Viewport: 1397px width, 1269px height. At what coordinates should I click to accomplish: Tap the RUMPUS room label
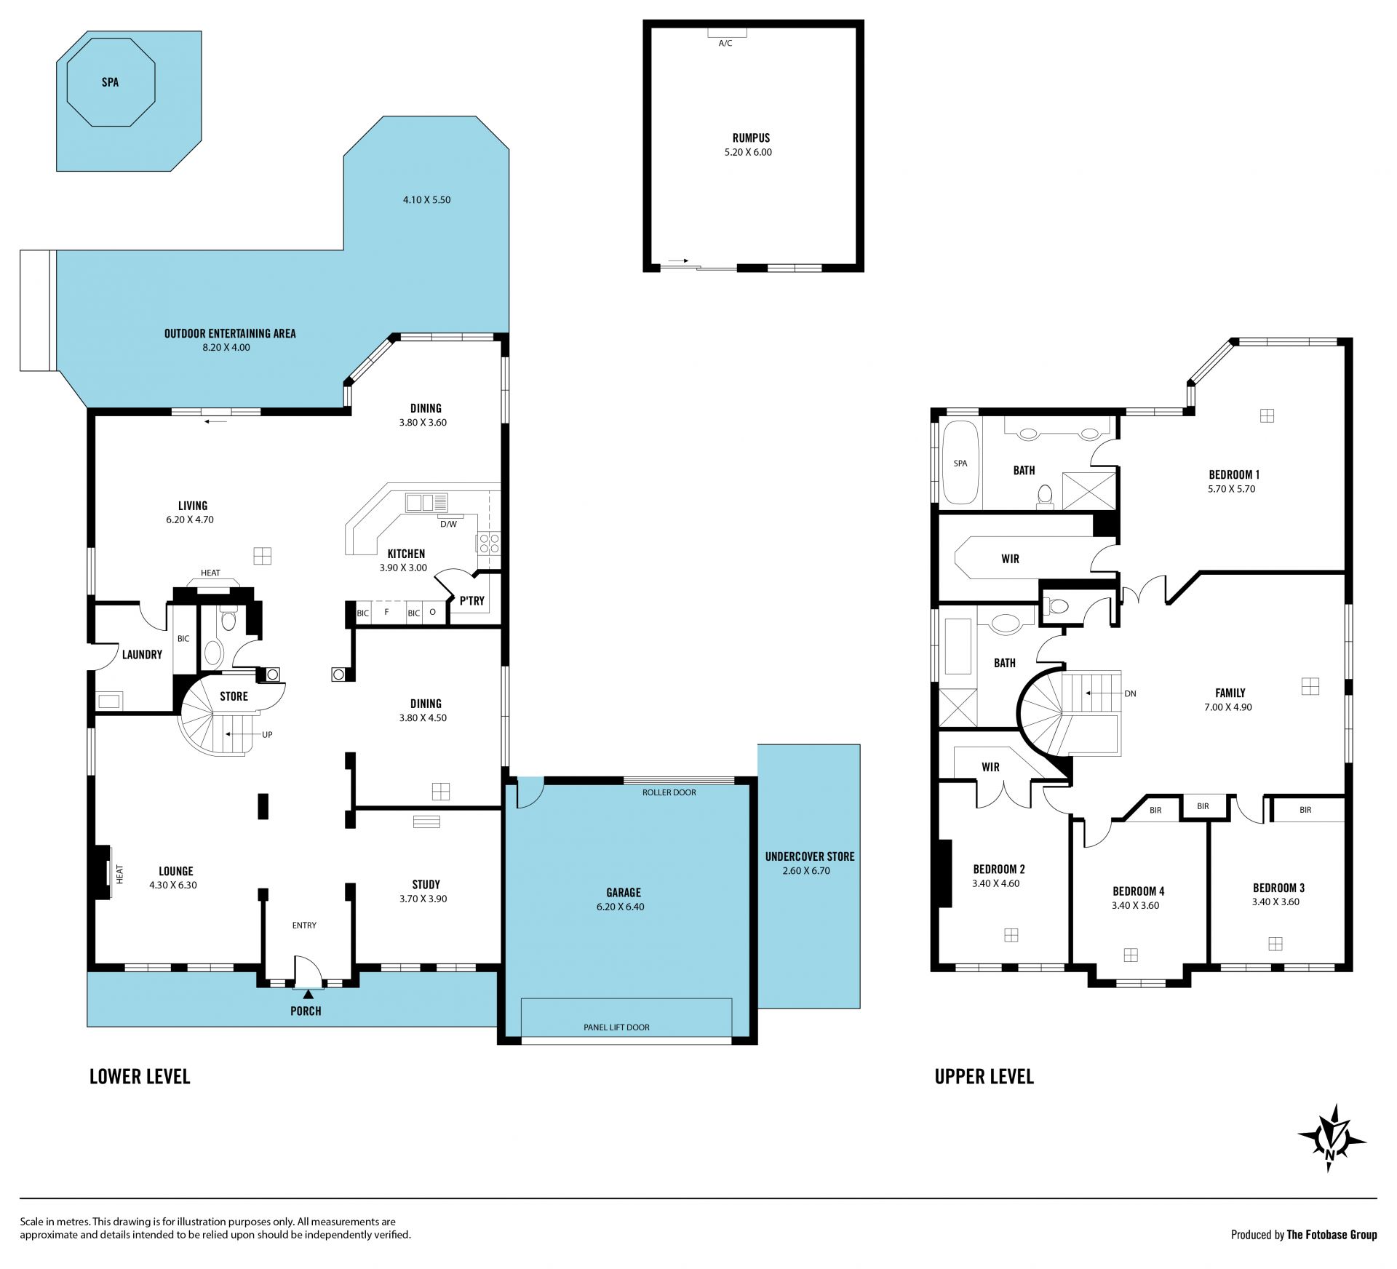pyautogui.click(x=751, y=138)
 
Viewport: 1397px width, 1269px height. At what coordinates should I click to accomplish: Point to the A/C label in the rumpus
pyautogui.click(x=725, y=44)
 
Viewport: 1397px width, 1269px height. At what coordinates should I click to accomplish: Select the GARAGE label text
pyautogui.click(x=624, y=893)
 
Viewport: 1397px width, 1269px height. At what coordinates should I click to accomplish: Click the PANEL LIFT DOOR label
pyautogui.click(x=616, y=1027)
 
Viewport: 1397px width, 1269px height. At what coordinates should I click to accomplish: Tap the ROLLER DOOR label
pyautogui.click(x=669, y=792)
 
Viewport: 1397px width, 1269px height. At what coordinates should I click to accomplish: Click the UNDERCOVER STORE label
pyautogui.click(x=810, y=856)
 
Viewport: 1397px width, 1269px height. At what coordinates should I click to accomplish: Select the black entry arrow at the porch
pyautogui.click(x=309, y=994)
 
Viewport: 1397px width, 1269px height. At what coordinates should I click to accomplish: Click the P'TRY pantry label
pyautogui.click(x=471, y=600)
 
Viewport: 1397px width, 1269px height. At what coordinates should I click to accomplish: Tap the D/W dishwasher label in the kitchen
pyautogui.click(x=448, y=524)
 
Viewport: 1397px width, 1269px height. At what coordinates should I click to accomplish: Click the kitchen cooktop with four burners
pyautogui.click(x=488, y=543)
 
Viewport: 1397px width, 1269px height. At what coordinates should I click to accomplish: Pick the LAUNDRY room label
pyautogui.click(x=142, y=655)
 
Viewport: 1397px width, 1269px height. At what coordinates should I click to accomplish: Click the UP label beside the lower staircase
pyautogui.click(x=267, y=735)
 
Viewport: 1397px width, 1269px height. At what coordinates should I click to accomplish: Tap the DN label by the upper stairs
pyautogui.click(x=1130, y=693)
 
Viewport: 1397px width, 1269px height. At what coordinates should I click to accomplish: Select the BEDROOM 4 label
pyautogui.click(x=1138, y=891)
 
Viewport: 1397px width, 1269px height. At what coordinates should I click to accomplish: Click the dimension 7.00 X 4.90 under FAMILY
pyautogui.click(x=1228, y=707)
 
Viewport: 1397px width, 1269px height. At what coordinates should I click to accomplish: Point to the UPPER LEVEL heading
pyautogui.click(x=984, y=1077)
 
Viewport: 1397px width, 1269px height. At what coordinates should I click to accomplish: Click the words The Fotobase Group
pyautogui.click(x=1332, y=1235)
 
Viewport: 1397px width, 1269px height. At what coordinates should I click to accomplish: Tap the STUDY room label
pyautogui.click(x=426, y=885)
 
